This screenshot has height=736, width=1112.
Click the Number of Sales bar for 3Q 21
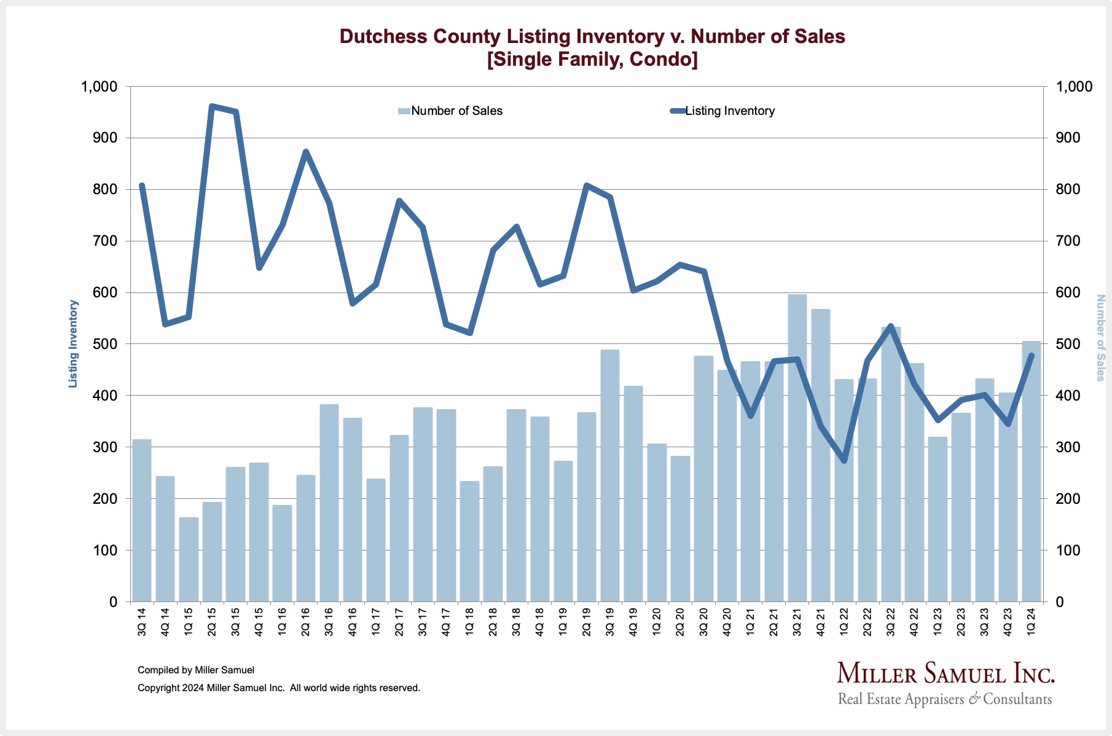point(797,448)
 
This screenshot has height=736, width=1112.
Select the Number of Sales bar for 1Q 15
point(189,560)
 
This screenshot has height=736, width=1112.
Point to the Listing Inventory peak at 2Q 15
point(211,106)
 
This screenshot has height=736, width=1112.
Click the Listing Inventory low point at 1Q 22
point(844,461)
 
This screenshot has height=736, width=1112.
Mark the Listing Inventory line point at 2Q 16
point(305,152)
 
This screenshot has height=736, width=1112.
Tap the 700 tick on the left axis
point(105,241)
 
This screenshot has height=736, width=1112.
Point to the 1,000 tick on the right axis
point(1073,87)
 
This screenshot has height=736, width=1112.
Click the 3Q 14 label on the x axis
point(142,621)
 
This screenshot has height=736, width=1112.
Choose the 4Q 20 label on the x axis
point(727,621)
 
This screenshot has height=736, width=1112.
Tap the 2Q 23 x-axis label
point(961,621)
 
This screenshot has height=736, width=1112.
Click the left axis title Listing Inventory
point(73,343)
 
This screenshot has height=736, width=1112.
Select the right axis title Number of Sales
point(1100,338)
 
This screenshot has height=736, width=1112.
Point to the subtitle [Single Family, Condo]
point(592,60)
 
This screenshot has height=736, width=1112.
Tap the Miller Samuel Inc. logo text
point(946,674)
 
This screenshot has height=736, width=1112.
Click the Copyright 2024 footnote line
point(279,688)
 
